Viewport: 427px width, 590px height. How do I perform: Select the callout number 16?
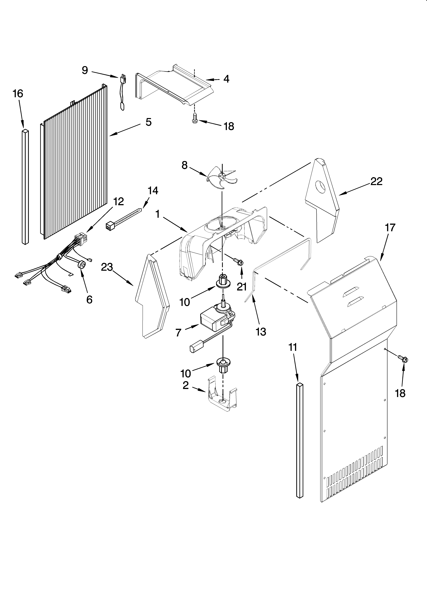18,94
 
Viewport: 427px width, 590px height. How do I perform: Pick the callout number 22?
376,181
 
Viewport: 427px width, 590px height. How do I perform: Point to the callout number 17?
390,228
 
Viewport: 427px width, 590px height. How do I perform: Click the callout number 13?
261,332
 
